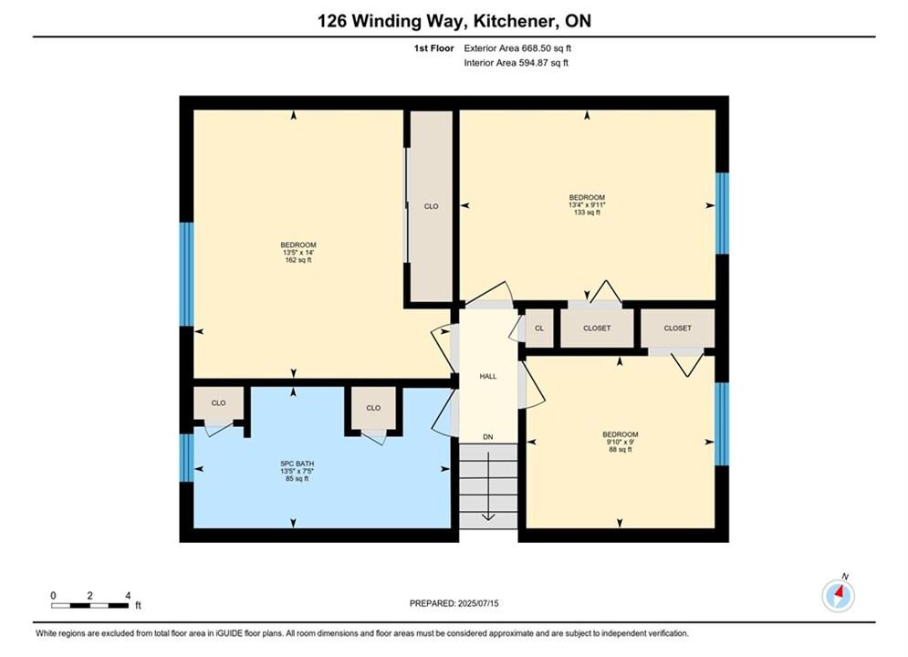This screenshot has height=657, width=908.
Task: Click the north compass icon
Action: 838,595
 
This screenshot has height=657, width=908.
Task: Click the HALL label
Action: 488,376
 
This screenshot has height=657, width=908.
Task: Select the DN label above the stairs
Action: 488,437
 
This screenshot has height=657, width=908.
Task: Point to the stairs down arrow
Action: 488,485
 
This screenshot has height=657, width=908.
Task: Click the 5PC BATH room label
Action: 297,471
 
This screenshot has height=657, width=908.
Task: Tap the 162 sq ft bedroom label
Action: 298,253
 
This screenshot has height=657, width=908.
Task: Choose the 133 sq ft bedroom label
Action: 587,205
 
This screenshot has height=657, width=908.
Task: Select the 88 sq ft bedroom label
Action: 621,442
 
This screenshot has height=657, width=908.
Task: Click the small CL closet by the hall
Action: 539,328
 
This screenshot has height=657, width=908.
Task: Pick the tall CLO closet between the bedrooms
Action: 431,206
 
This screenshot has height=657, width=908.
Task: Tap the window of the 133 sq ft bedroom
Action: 722,213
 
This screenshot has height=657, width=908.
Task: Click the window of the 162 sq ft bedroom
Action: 186,274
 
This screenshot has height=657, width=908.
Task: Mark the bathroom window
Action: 186,458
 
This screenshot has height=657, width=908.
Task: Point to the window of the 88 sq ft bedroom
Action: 722,423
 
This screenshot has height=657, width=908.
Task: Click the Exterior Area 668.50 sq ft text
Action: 517,48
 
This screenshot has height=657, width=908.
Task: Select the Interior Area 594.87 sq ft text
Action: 516,63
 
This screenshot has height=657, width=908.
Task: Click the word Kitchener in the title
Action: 513,21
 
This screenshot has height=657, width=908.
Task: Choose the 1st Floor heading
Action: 433,48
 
